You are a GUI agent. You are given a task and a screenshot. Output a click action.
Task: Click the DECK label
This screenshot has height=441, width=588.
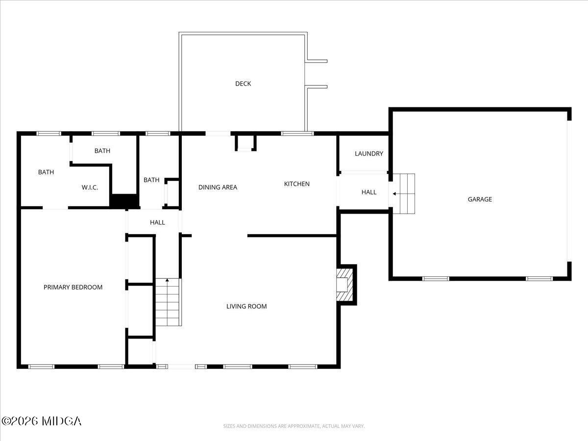243,84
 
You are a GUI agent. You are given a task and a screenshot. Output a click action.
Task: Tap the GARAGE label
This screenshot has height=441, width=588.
480,199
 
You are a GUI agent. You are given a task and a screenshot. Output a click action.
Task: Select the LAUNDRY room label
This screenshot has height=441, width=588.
369,154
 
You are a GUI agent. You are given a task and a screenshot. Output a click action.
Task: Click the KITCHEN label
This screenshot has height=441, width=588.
297,184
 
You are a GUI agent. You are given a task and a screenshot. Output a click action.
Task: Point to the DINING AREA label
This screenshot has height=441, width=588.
218,187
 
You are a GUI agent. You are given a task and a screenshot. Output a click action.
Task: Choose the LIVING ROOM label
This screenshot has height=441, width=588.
246,307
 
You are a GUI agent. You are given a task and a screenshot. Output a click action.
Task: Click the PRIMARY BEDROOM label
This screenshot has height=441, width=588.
73,287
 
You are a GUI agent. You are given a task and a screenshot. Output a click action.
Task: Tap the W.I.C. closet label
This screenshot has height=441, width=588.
90,187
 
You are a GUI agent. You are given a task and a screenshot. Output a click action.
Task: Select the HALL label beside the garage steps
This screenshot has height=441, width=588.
369,192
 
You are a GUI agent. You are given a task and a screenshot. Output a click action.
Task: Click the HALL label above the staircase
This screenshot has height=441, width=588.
157,222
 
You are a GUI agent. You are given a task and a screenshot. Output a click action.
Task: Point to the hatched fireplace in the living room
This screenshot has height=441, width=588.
345,284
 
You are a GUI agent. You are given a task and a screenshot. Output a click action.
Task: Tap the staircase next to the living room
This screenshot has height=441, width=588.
168,302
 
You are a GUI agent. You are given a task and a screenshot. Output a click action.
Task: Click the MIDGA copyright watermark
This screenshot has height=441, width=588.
41,421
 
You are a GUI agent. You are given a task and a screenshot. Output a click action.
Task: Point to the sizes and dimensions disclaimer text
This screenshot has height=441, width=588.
294,426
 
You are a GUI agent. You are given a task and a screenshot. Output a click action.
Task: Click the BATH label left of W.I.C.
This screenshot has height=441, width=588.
46,172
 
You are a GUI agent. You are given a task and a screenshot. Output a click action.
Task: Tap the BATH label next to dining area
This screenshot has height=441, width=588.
151,180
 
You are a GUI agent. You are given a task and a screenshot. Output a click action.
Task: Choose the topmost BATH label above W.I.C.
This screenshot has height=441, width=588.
102,151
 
